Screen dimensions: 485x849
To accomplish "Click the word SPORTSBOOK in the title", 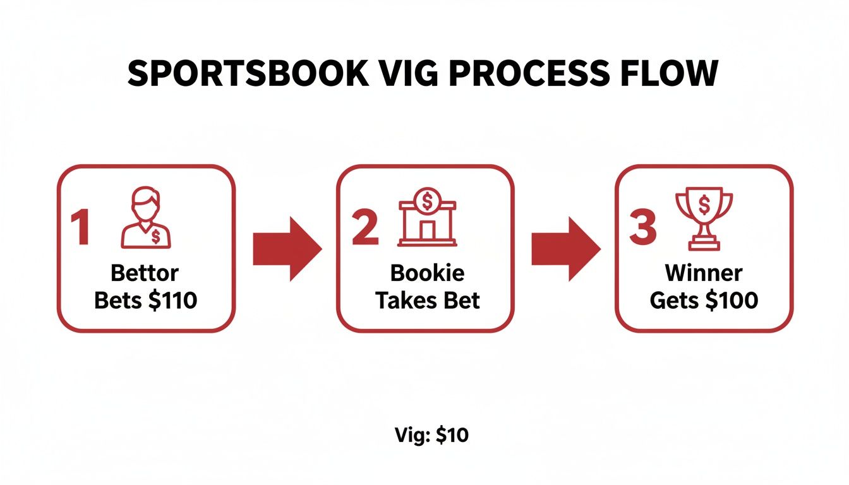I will [247, 75].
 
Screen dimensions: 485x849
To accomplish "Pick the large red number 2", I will [364, 228].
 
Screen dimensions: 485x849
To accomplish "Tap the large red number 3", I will [642, 228].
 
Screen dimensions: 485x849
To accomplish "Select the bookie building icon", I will [428, 218].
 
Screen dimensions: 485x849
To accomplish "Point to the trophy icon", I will [704, 218].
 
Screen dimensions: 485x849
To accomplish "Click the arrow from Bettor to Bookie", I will [286, 248].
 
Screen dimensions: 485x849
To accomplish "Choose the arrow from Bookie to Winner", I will [565, 248].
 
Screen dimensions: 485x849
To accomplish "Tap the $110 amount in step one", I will [172, 300].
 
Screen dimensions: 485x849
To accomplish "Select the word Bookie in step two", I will [427, 273].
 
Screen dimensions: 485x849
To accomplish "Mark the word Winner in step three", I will [704, 273].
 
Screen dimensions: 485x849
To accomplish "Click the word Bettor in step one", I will [145, 273].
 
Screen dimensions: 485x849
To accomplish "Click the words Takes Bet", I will [428, 300].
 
